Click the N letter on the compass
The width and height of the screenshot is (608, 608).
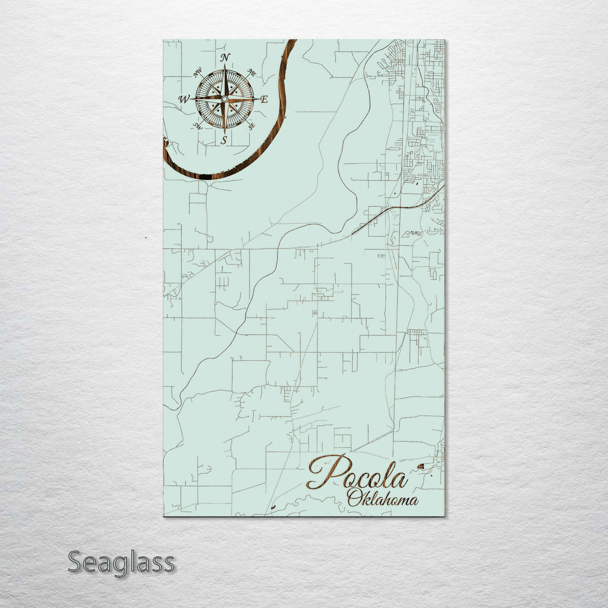pyautogui.click(x=225, y=58)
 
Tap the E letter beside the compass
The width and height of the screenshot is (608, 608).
pyautogui.click(x=265, y=99)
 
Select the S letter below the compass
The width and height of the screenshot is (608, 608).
pyautogui.click(x=224, y=140)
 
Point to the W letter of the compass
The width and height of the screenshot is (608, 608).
pyautogui.click(x=184, y=100)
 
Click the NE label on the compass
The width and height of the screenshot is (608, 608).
pyautogui.click(x=252, y=73)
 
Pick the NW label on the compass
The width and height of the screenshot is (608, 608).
pyautogui.click(x=198, y=73)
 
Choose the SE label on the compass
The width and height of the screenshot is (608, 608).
pyautogui.click(x=252, y=126)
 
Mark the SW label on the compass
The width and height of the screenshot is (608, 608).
pyautogui.click(x=198, y=126)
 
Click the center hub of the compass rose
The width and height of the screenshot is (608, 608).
pyautogui.click(x=225, y=99)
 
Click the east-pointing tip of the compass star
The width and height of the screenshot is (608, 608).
pyautogui.click(x=258, y=99)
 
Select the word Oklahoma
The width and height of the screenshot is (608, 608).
pyautogui.click(x=382, y=499)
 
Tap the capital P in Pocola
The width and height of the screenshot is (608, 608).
pyautogui.click(x=327, y=472)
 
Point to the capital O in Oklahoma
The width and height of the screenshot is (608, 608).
pyautogui.click(x=354, y=498)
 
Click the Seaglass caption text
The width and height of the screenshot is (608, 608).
pyautogui.click(x=121, y=562)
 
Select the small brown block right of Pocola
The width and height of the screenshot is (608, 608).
pyautogui.click(x=421, y=466)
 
